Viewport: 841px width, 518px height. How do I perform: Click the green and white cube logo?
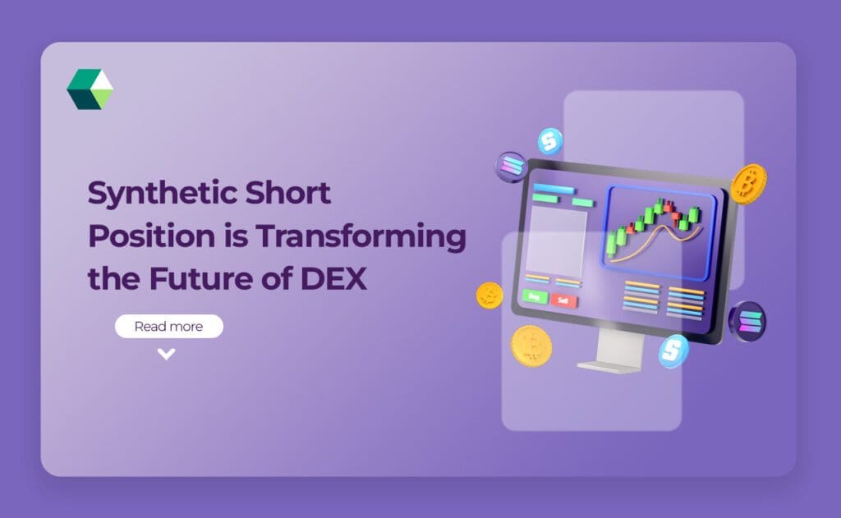point(90,89)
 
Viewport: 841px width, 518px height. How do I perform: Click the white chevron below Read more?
point(167,355)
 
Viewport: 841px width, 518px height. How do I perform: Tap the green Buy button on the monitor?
point(535,296)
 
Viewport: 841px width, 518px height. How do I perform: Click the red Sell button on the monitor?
point(563,301)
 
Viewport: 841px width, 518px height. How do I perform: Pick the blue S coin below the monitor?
point(673,351)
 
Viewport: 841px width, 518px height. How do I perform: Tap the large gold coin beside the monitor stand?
point(531,346)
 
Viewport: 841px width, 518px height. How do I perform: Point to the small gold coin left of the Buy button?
point(489,295)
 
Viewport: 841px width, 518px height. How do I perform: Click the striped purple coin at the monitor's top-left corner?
point(511,167)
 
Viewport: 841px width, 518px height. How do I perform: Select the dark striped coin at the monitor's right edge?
point(747,320)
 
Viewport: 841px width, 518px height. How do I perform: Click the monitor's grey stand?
point(608,353)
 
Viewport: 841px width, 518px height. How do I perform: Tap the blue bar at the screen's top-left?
point(553,190)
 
